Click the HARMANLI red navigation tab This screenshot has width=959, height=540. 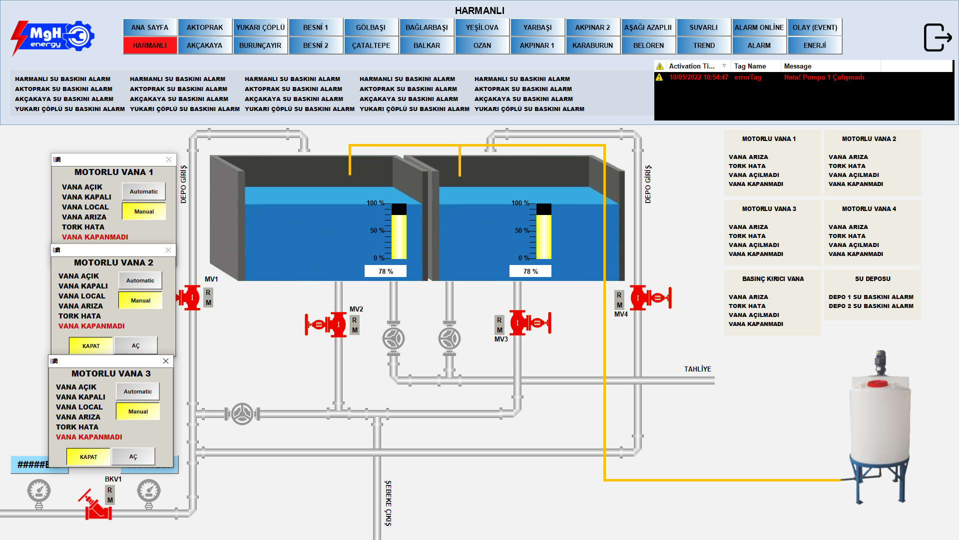click(x=150, y=45)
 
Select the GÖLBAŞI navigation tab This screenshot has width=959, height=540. click(x=371, y=27)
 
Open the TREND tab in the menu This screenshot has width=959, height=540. click(x=704, y=45)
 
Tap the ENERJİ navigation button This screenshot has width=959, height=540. click(x=815, y=45)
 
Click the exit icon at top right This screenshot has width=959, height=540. click(x=938, y=37)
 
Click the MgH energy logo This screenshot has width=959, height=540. click(x=52, y=37)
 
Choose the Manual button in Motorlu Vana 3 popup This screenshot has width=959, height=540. click(x=138, y=411)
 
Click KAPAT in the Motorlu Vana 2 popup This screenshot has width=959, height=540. click(x=91, y=345)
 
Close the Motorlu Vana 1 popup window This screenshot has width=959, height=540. click(x=169, y=159)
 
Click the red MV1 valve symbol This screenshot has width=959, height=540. click(x=190, y=298)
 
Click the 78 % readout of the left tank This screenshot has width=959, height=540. click(x=386, y=271)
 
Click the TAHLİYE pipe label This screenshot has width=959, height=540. click(x=697, y=369)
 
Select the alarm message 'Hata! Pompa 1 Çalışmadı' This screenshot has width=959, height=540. click(x=824, y=77)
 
